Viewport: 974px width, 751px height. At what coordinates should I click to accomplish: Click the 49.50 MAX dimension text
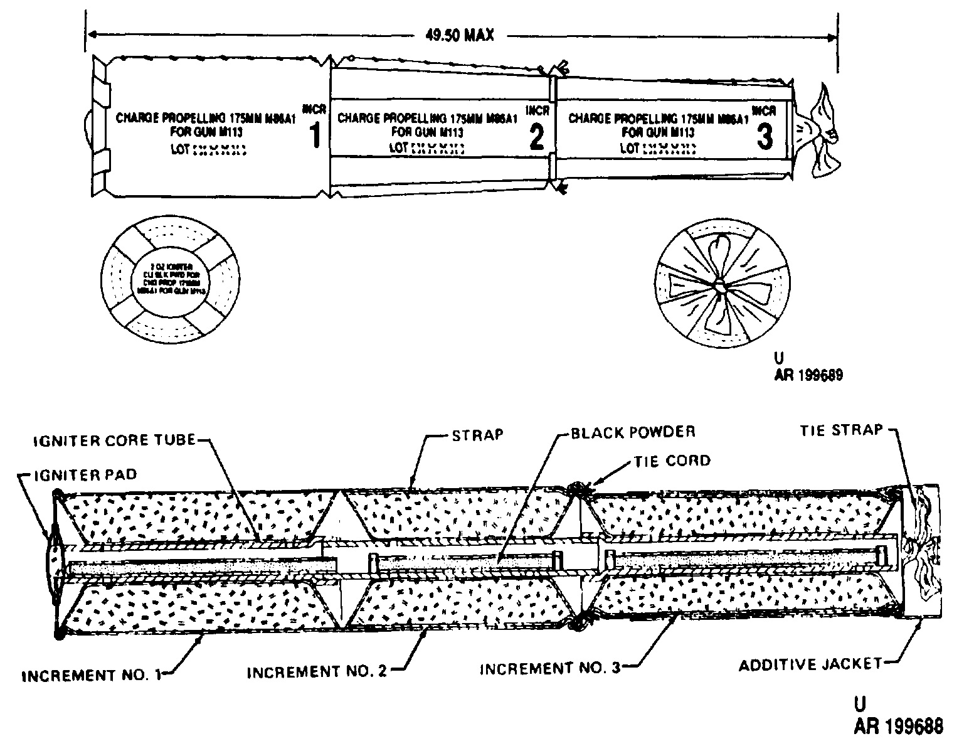tap(460, 35)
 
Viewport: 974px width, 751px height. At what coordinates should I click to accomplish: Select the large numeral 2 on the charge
tap(536, 137)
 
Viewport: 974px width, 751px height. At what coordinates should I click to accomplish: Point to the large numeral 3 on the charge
tap(765, 137)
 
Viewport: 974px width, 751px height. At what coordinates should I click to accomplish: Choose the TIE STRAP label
tap(841, 430)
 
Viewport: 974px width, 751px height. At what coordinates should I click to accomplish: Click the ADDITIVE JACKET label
tap(810, 664)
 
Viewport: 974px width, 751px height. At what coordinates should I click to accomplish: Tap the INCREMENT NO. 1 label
tap(92, 676)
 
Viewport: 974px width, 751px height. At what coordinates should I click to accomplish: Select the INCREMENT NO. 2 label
tap(317, 672)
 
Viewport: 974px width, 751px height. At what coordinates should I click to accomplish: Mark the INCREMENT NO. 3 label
tap(549, 669)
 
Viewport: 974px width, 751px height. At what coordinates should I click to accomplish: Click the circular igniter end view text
tap(171, 280)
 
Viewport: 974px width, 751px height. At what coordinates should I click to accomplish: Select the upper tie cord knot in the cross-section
tap(575, 490)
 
